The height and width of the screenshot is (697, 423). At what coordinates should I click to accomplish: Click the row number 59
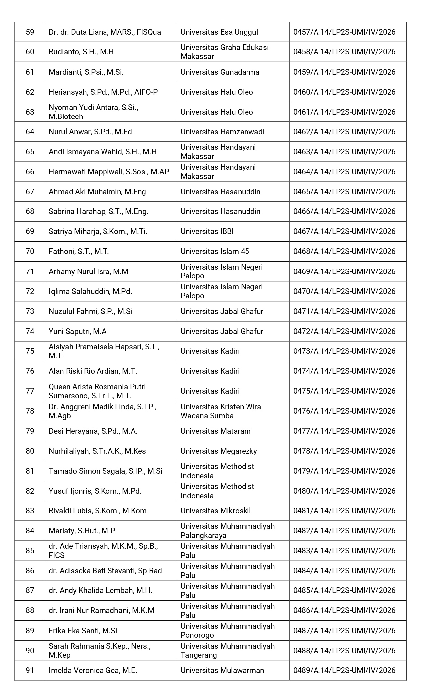(30, 32)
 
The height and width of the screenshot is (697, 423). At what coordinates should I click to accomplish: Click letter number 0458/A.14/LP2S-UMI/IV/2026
(344, 52)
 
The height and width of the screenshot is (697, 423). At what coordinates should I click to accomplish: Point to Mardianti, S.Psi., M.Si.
(86, 72)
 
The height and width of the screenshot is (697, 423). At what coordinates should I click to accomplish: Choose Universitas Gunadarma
(220, 72)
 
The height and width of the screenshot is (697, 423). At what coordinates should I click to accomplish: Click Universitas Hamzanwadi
(222, 132)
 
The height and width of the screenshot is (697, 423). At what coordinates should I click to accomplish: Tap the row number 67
(30, 192)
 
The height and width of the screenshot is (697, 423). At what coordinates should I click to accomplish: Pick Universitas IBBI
(207, 231)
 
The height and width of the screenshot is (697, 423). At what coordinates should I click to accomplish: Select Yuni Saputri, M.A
(77, 331)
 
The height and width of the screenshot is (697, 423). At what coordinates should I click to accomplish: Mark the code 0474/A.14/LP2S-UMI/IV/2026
(344, 371)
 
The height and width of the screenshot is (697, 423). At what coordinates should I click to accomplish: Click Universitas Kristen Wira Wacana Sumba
(221, 411)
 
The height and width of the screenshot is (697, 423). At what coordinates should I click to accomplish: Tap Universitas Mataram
(216, 431)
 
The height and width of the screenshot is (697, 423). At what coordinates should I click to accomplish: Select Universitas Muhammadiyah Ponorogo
(228, 630)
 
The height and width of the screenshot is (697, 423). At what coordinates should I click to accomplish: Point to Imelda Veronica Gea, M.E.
(93, 670)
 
